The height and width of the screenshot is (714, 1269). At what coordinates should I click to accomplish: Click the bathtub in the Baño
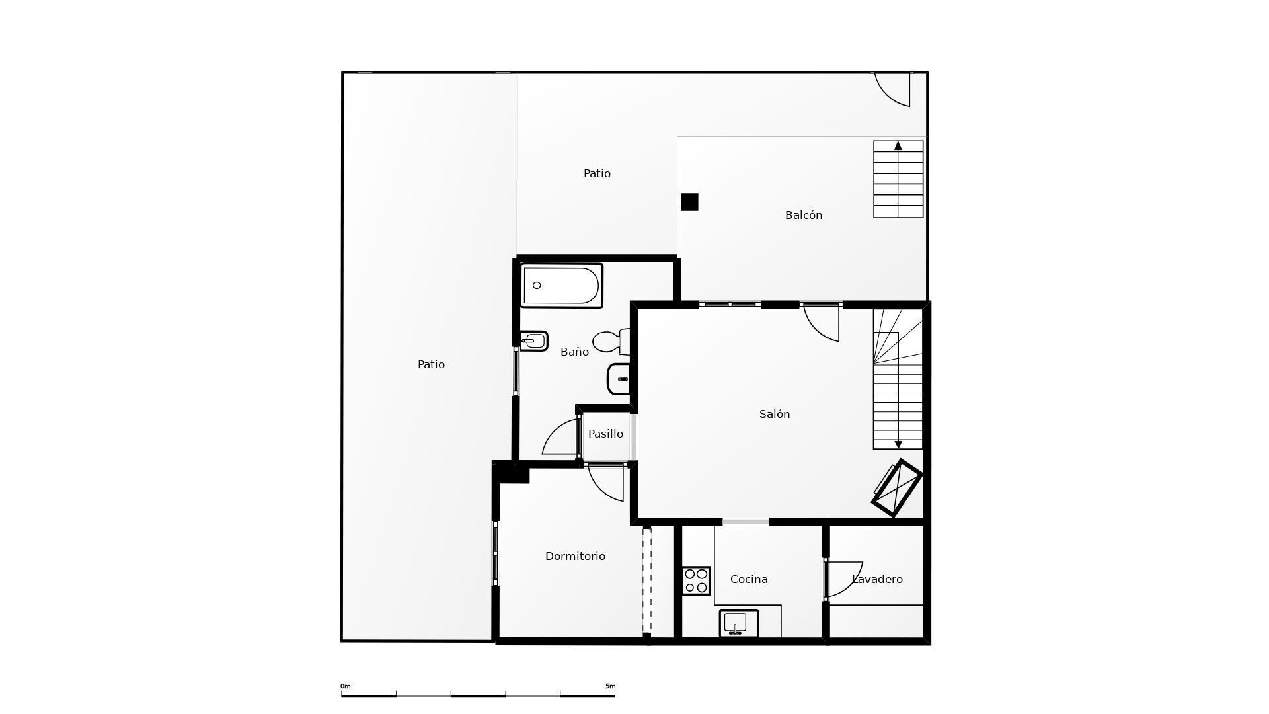561,286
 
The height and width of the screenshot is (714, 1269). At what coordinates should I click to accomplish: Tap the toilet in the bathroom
610,342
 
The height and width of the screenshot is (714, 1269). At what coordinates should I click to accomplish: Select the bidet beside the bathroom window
533,341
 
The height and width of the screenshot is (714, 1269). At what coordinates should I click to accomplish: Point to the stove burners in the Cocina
696,580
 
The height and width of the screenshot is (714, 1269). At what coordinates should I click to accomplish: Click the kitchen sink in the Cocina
738,623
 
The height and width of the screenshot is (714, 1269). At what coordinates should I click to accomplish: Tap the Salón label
774,414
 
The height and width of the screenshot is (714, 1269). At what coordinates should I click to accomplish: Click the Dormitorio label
575,556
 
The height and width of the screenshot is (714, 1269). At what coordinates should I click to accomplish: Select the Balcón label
803,215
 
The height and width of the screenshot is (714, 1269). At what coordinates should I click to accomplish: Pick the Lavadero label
877,579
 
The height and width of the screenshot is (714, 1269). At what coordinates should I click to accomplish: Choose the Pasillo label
605,434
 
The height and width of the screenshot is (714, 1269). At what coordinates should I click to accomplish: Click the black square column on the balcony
689,202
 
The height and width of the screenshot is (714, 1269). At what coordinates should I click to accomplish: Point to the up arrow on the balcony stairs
898,146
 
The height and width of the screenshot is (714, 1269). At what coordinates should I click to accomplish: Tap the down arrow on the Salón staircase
898,444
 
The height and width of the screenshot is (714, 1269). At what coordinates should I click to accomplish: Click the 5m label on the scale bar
610,686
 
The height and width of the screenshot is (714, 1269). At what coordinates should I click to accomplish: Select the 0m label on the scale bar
345,686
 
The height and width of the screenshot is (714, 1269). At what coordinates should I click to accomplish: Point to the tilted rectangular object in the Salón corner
897,488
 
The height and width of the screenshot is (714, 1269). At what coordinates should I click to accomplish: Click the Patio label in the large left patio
431,364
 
